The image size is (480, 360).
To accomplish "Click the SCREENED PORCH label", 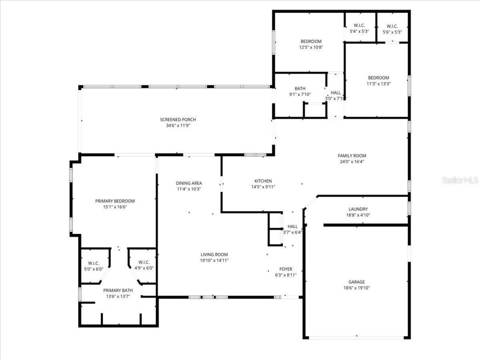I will pos(178,120).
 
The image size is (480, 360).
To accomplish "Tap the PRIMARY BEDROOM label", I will pos(115,201).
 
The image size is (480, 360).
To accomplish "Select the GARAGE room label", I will pos(356,282).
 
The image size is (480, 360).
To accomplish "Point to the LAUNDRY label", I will pos(358,209).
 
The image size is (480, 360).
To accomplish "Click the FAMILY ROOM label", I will pos(352,156).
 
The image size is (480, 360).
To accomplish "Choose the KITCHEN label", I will pos(263,181).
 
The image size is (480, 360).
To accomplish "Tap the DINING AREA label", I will pos(189,183).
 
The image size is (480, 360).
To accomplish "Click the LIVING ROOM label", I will pos(214,255).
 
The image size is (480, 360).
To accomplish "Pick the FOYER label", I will pos(286,269).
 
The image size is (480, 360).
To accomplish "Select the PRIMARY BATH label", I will pos(118,291).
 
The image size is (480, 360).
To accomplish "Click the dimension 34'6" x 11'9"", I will pos(178,126).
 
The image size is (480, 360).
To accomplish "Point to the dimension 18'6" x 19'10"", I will pos(356,288).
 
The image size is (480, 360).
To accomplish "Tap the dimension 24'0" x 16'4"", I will pos(352,162).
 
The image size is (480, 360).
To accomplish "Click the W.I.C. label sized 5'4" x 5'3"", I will pos(359,25).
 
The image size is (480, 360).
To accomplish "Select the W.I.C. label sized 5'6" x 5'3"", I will pos(392,26).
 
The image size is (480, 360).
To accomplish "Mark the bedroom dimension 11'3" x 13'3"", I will pos(378,84).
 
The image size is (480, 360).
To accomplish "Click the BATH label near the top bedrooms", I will pos(300,89).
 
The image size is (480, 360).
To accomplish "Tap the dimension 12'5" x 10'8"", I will pos(311,48).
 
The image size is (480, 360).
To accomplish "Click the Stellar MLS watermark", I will pos(460,180).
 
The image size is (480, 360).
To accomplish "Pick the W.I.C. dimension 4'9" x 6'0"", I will pos(144,268).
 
